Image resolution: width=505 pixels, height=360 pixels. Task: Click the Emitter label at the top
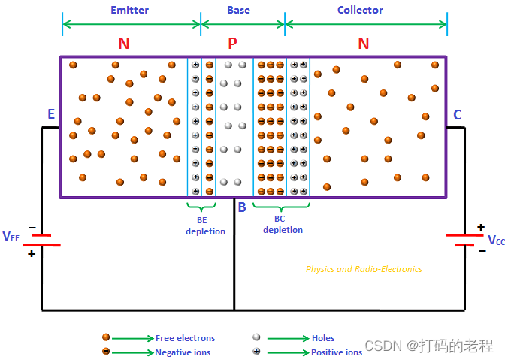pyautogui.click(x=130, y=10)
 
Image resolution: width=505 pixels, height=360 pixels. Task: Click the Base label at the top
pyautogui.click(x=238, y=10)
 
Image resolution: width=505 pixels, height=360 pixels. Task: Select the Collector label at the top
pyautogui.click(x=360, y=10)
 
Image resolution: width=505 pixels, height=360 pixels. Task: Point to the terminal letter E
pyautogui.click(x=51, y=114)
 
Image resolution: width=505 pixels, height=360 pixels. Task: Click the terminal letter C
pyautogui.click(x=457, y=115)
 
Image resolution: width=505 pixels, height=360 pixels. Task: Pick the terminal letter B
pyautogui.click(x=242, y=207)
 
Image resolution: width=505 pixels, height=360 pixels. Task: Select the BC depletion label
pyautogui.click(x=283, y=225)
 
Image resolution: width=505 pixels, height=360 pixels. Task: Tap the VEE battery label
pyautogui.click(x=11, y=237)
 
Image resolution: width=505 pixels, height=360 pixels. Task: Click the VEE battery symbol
pyautogui.click(x=41, y=240)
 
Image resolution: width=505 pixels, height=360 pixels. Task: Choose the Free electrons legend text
pyautogui.click(x=185, y=338)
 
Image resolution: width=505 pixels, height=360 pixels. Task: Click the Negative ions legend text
pyautogui.click(x=183, y=352)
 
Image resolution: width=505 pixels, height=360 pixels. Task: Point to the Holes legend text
pyautogui.click(x=323, y=338)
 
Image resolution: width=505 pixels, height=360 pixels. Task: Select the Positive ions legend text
pyautogui.click(x=337, y=352)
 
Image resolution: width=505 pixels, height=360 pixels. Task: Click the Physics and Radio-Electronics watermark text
pyautogui.click(x=364, y=269)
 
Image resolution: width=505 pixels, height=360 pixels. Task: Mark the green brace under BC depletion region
pyautogui.click(x=281, y=205)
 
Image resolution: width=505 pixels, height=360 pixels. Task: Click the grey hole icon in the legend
pyautogui.click(x=256, y=337)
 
